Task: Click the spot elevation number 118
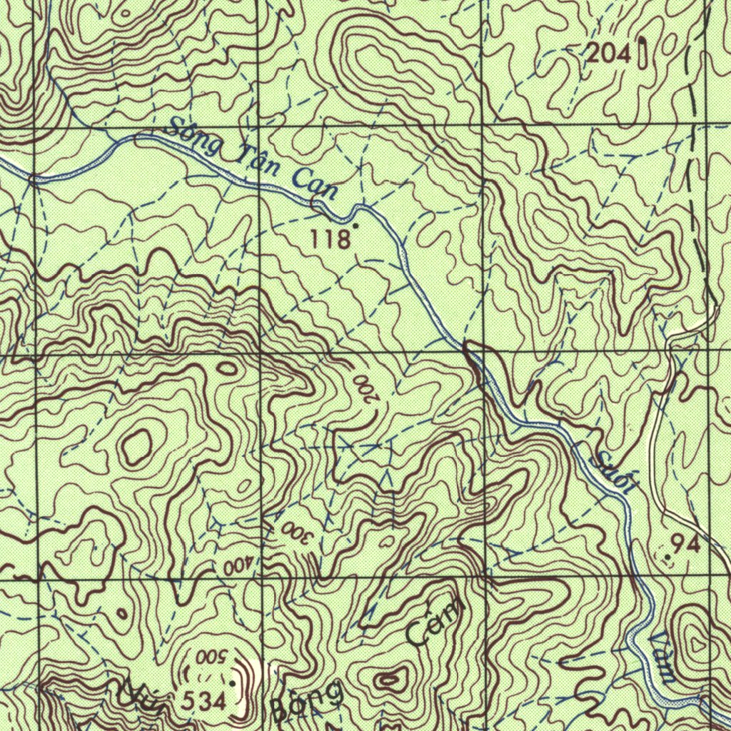[x=331, y=239]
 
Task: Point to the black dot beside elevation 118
[x=356, y=226]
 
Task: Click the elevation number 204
[x=609, y=54]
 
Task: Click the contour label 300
[x=293, y=531]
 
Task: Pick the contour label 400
[x=237, y=567]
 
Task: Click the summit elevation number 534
[x=203, y=702]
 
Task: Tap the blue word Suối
[x=615, y=472]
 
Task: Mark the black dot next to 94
[x=667, y=556]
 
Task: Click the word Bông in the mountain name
[x=307, y=702]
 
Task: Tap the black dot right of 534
[x=233, y=684]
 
